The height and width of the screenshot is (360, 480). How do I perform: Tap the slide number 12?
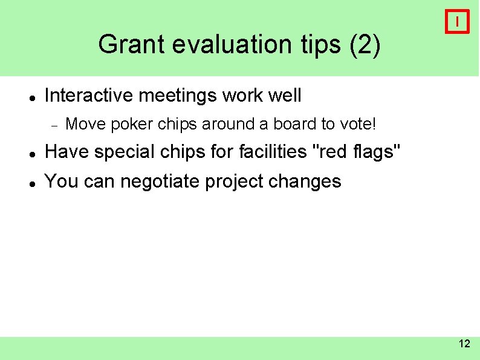464,344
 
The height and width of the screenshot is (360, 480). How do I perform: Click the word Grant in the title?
125,45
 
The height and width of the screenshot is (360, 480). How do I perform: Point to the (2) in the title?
365,45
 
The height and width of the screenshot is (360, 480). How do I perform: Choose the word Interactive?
83,96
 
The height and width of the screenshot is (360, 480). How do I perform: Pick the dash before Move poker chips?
54,125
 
